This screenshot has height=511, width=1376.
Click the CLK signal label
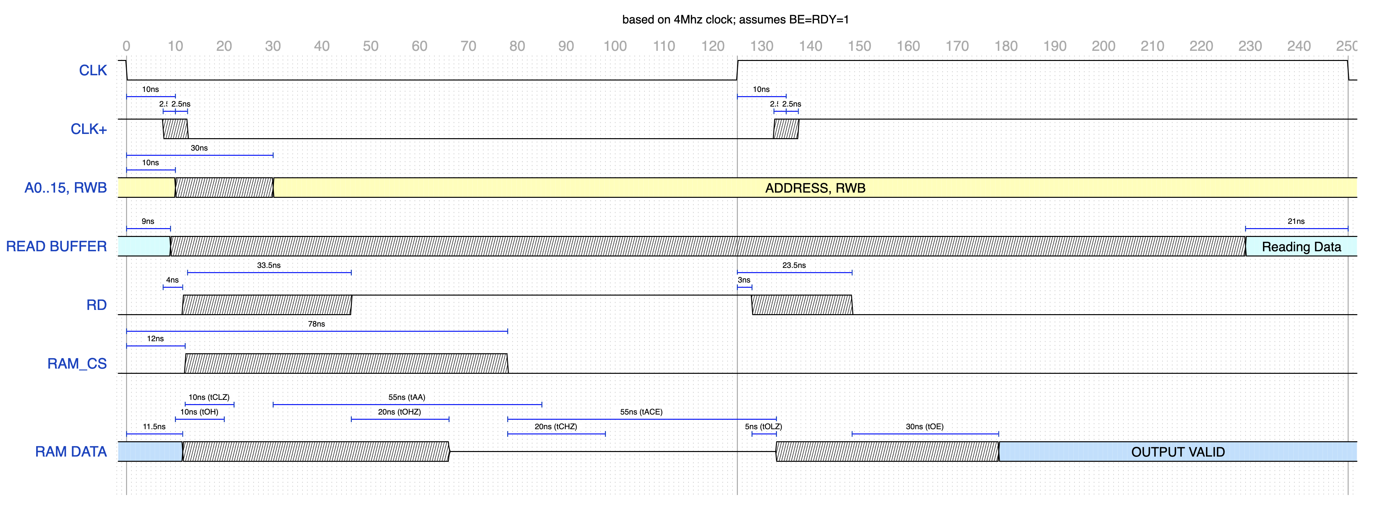click(x=93, y=71)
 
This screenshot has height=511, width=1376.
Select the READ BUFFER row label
click(x=57, y=246)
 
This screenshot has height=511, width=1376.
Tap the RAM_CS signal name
click(x=77, y=364)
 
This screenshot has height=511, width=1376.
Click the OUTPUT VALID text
click(x=1178, y=452)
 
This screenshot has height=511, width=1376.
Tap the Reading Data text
click(x=1301, y=247)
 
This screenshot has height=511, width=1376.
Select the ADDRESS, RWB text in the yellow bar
click(x=815, y=188)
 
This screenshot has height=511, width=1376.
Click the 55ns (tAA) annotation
click(x=407, y=397)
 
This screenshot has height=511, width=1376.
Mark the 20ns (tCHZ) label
click(x=555, y=427)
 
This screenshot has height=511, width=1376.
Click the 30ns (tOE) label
click(x=924, y=427)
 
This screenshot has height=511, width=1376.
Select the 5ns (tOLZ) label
click(x=763, y=427)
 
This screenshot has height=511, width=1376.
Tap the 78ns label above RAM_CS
click(x=316, y=324)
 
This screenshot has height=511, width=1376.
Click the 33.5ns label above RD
click(x=269, y=265)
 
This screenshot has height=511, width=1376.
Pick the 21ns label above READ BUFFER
click(x=1296, y=221)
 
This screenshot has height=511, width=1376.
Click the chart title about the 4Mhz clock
click(x=736, y=20)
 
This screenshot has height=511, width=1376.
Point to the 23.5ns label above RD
click(x=794, y=265)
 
